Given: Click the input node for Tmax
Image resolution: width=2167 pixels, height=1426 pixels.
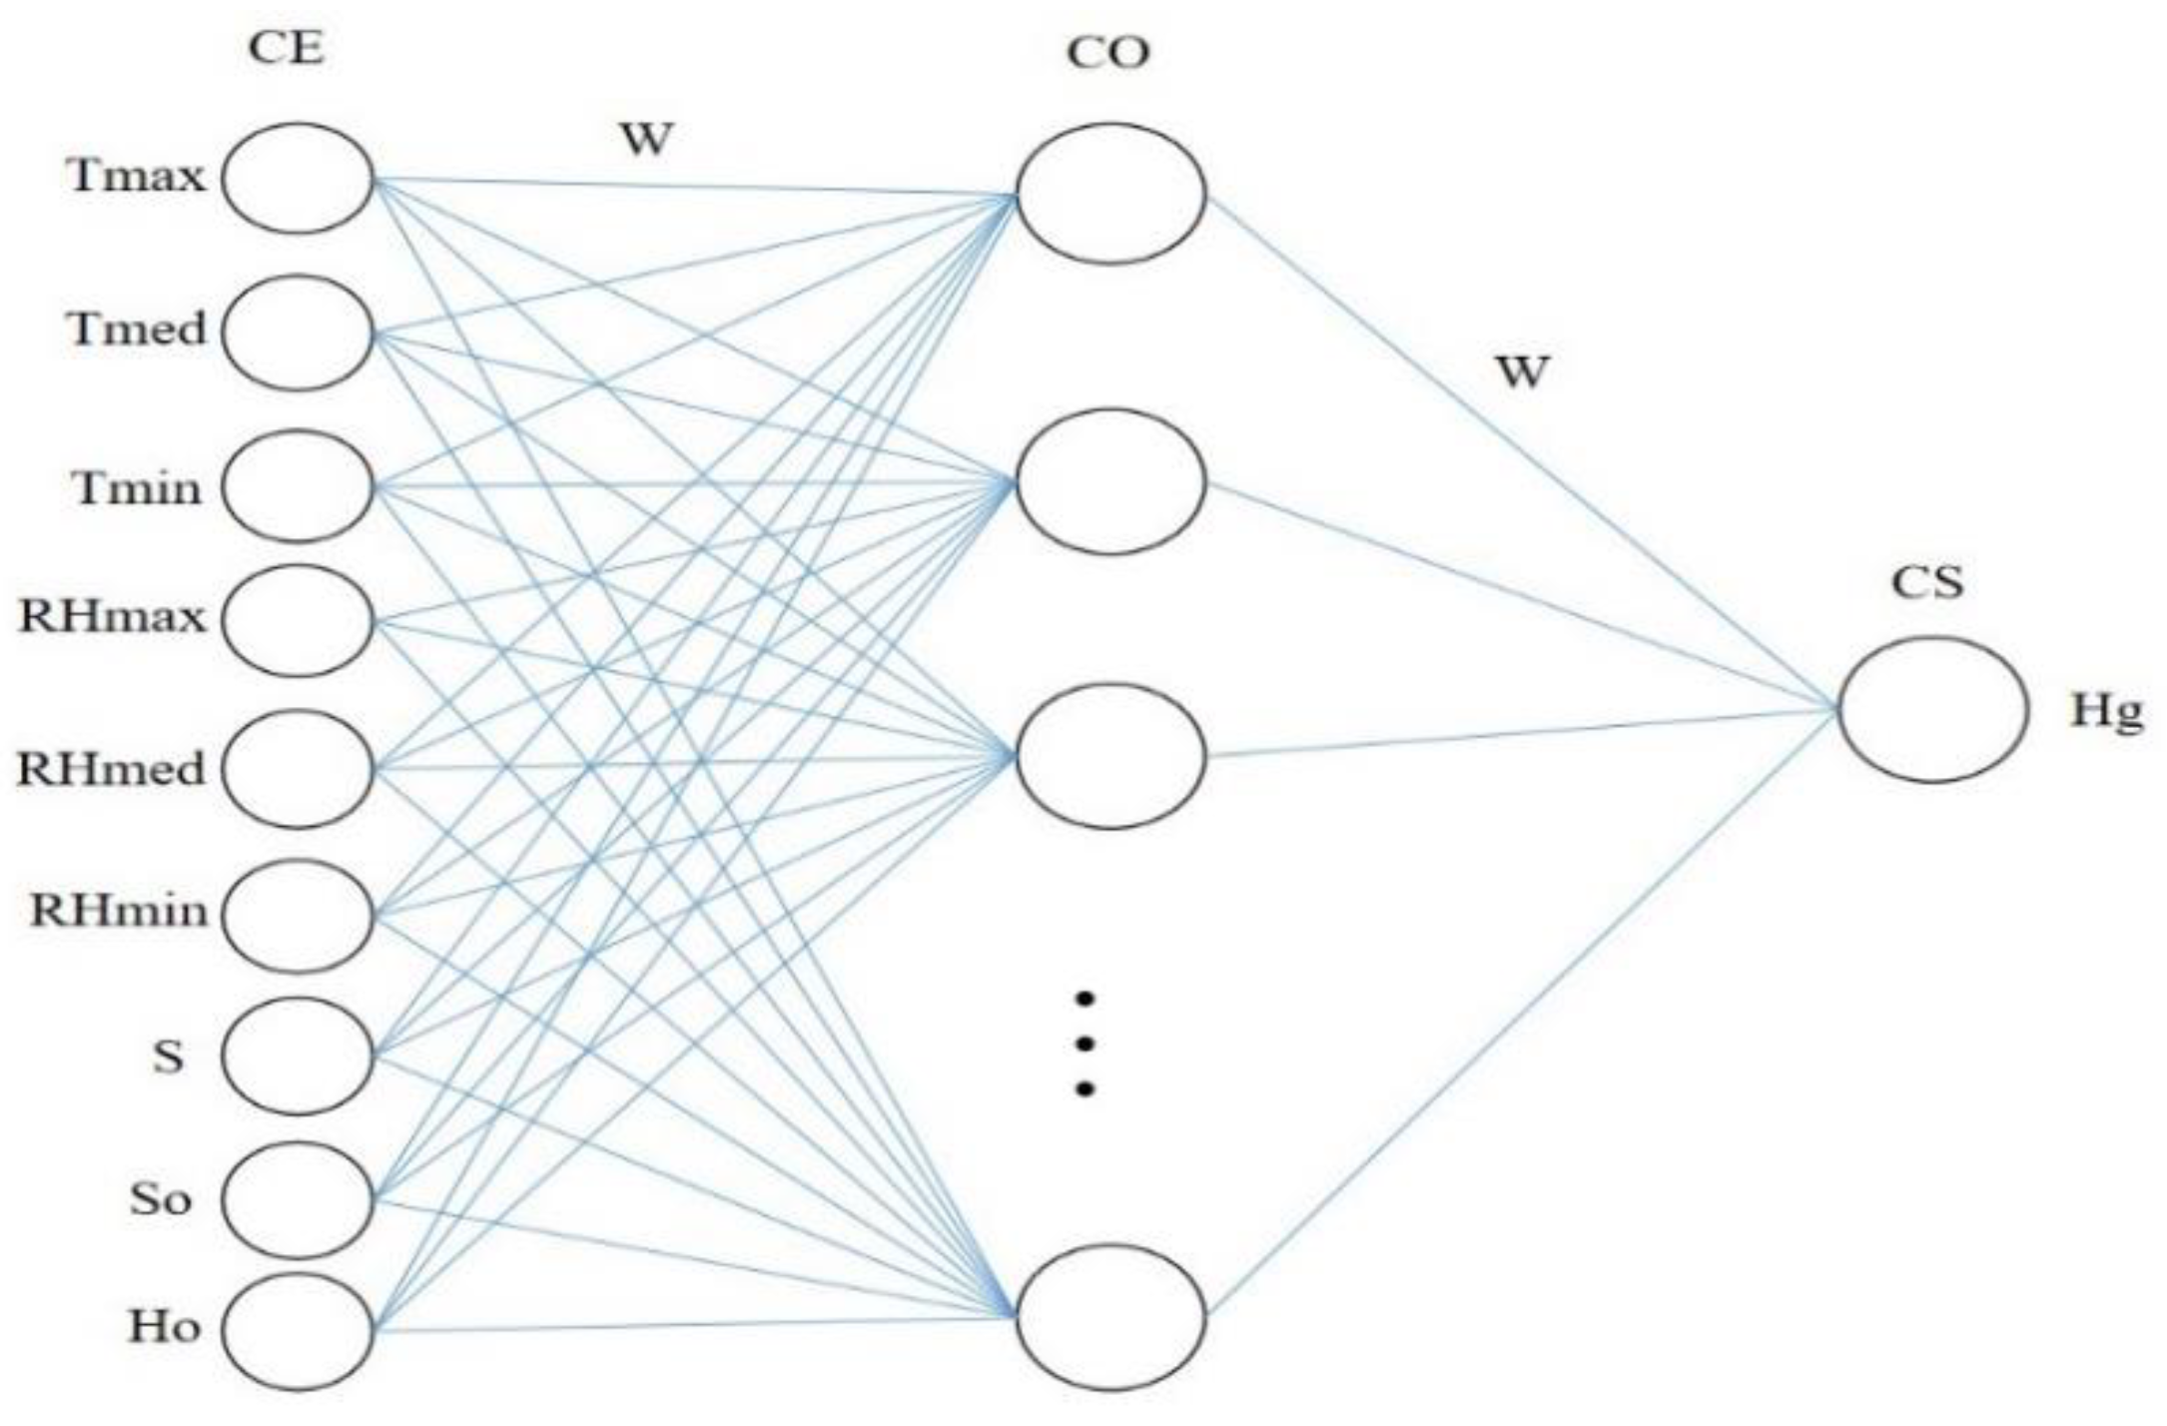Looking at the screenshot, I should (x=298, y=179).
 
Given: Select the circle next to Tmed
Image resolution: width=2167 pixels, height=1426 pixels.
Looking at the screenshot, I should (x=298, y=334).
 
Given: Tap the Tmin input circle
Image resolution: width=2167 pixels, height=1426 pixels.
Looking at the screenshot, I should (x=298, y=486).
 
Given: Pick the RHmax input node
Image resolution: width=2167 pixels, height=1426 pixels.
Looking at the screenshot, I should (x=298, y=620).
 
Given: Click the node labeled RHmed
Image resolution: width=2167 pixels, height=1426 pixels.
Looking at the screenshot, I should (x=298, y=768).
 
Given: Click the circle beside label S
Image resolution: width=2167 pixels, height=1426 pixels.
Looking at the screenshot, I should (x=298, y=1057).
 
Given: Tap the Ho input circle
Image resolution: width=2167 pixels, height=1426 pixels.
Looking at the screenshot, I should (x=298, y=1330).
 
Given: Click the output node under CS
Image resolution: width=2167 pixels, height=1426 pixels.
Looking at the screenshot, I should (x=1932, y=709).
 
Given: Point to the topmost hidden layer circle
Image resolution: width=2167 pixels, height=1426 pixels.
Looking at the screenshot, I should (x=1110, y=194).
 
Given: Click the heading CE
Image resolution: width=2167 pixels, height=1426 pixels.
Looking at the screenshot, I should (x=287, y=48).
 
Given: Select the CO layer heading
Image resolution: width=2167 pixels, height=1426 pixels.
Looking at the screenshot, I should (x=1108, y=52).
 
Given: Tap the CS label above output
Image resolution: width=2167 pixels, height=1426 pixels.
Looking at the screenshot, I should (x=1926, y=582).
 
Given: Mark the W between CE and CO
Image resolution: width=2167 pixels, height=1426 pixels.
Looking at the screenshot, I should (x=646, y=140).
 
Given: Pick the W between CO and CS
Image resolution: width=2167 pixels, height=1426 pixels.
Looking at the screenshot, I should (x=1522, y=372).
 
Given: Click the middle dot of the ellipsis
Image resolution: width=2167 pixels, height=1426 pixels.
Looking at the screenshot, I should (x=1085, y=1044).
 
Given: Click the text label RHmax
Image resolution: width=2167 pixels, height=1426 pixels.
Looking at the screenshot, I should (x=112, y=617).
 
